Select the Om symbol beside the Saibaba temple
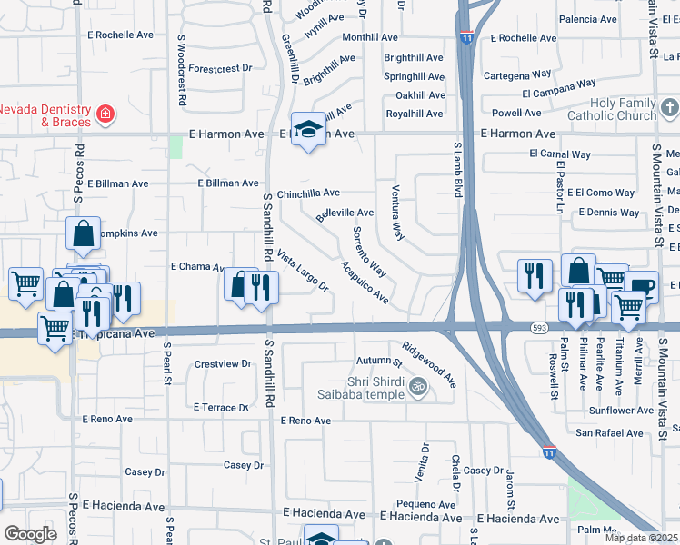click(418, 386)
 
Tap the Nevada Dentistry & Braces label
click(45, 115)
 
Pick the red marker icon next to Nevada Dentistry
click(106, 114)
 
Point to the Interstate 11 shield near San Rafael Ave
click(549, 450)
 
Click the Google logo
click(30, 534)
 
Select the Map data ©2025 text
click(642, 538)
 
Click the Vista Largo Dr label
click(302, 271)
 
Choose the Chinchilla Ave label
click(308, 193)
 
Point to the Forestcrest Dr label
click(220, 68)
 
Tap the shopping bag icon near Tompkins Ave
click(83, 233)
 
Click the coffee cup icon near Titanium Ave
click(642, 285)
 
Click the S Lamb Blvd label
click(458, 168)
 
